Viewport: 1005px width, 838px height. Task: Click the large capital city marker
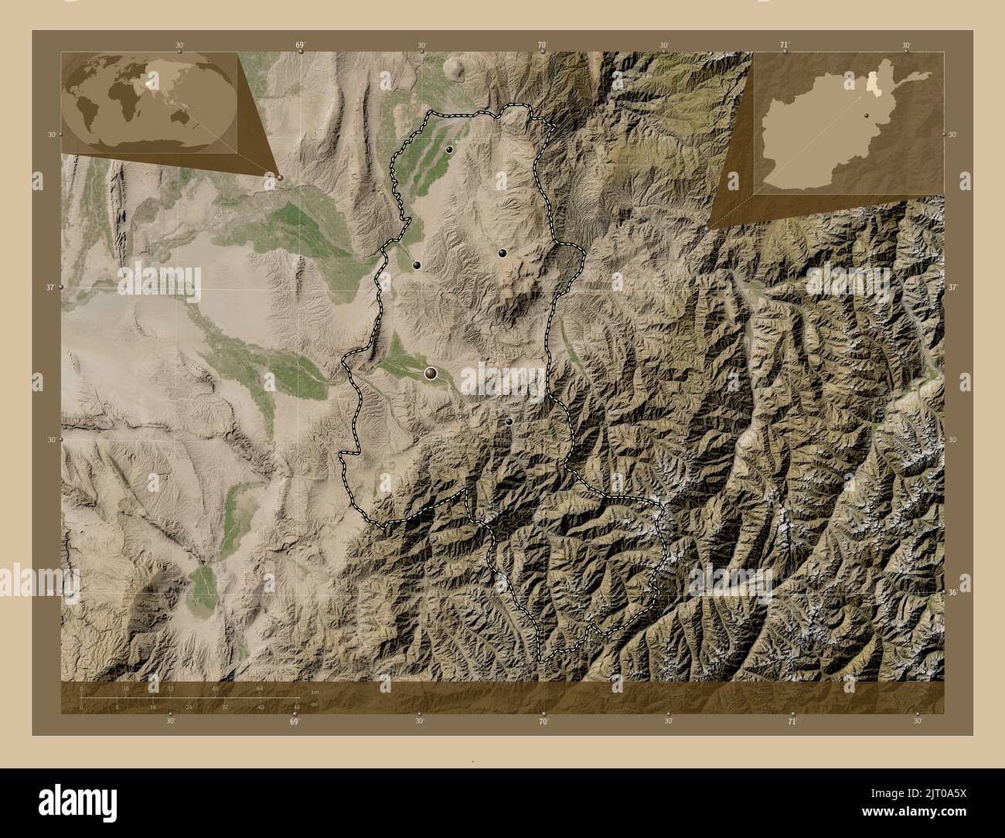(x=431, y=373)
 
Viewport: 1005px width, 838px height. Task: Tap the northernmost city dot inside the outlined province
(x=448, y=149)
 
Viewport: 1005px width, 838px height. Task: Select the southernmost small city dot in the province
(x=509, y=421)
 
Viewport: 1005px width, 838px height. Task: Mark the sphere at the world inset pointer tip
(x=280, y=177)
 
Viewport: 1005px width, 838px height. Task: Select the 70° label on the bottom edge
(x=543, y=720)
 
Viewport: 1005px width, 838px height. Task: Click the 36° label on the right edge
(x=952, y=593)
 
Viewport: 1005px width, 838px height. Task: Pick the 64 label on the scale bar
(x=261, y=688)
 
